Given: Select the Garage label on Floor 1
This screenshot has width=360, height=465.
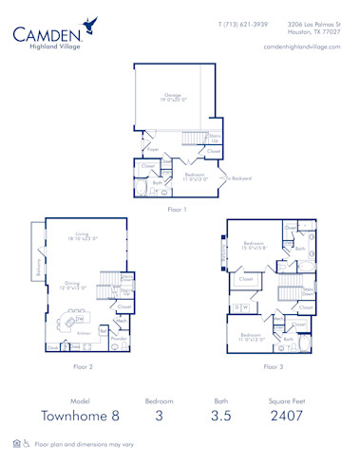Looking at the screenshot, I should point(172,96).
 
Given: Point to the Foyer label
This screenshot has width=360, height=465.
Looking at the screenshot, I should point(152,149).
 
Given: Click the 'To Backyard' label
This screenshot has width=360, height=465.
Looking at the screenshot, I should point(238,177).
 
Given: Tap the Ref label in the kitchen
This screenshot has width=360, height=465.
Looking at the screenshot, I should point(104,331).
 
